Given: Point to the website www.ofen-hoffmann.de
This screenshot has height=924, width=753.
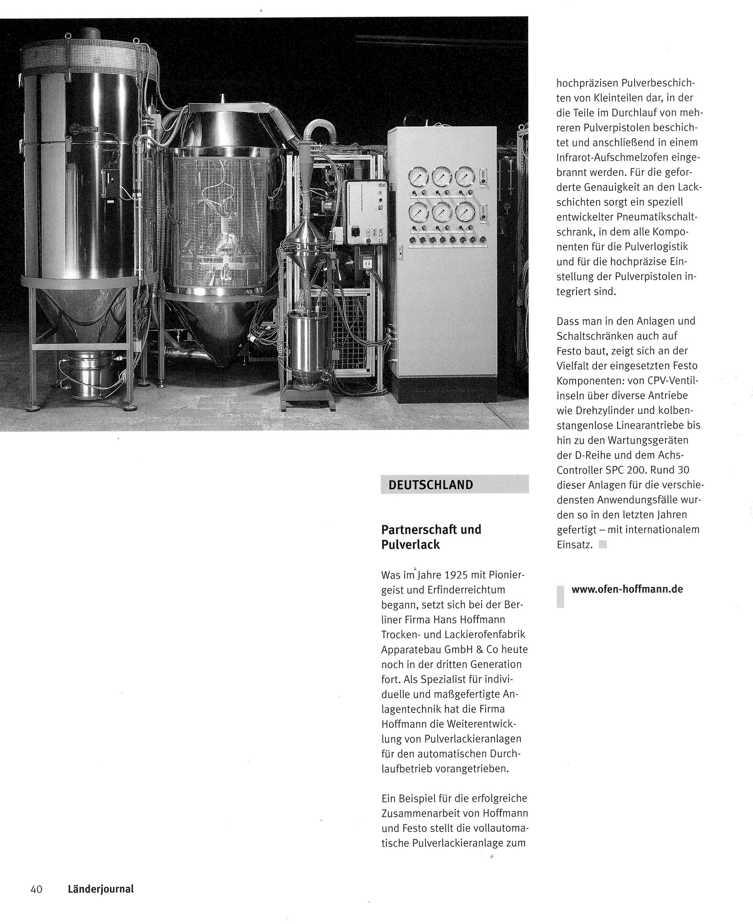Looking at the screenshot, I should (x=627, y=589).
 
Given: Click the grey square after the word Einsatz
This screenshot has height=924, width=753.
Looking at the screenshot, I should (x=602, y=544).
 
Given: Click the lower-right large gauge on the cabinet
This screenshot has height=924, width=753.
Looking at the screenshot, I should (x=466, y=212).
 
